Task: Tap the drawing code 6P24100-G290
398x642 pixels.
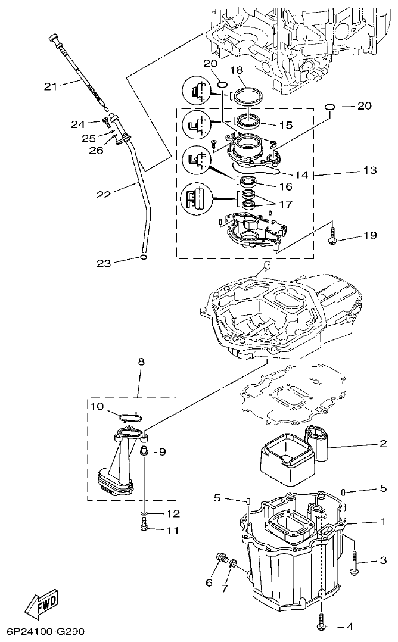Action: pyautogui.click(x=47, y=629)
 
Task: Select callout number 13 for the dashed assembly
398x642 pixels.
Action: pyautogui.click(x=369, y=170)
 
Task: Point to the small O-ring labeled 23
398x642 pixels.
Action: pyautogui.click(x=143, y=257)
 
